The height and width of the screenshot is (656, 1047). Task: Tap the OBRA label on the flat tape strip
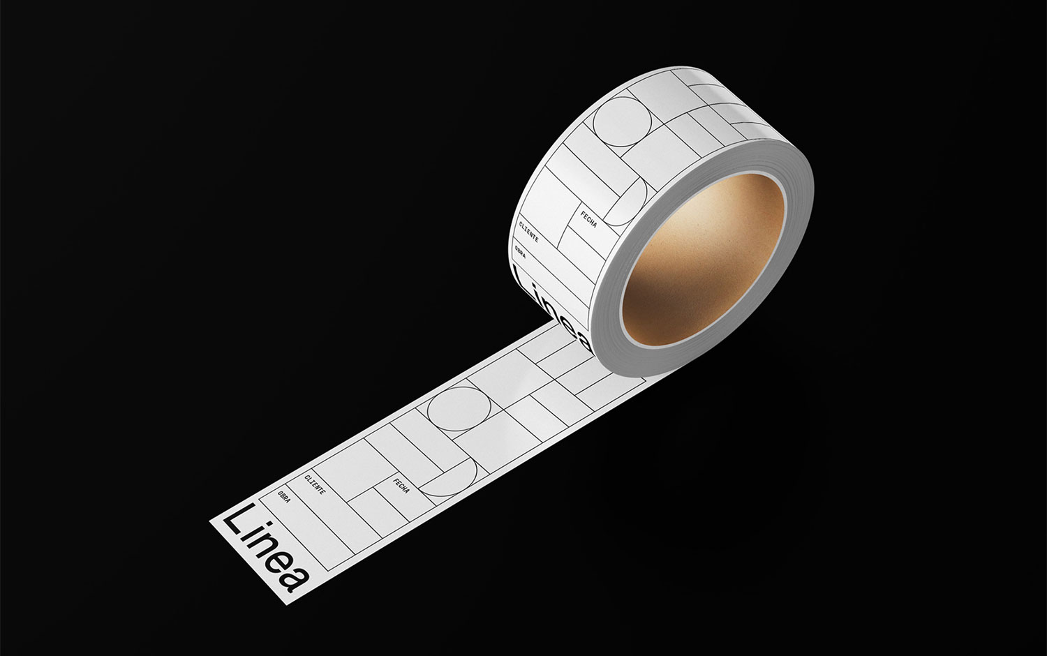click(x=283, y=497)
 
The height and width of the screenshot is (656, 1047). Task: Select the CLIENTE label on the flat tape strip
click(x=315, y=484)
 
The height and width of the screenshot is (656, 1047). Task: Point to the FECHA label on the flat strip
click(x=401, y=486)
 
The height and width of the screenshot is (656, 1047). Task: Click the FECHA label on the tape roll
click(x=588, y=219)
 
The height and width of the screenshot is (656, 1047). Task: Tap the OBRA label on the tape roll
click(x=520, y=252)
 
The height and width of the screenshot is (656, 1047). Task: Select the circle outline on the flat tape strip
click(x=459, y=408)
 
